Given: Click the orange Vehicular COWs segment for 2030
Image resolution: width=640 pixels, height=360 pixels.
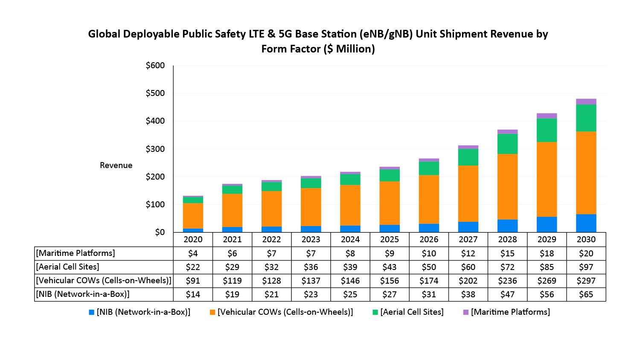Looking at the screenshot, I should [586, 173].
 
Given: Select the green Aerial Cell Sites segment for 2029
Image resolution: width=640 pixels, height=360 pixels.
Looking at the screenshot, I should [547, 130].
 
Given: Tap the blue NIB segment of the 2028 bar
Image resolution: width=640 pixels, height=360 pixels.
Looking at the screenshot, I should [507, 226].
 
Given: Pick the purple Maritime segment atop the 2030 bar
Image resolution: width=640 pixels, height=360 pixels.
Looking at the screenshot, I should [586, 102].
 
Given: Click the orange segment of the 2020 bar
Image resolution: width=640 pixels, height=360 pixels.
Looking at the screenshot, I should [193, 216].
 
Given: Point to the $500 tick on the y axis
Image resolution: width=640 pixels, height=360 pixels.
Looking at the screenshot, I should [155, 93].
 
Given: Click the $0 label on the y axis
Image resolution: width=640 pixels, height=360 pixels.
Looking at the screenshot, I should [160, 232].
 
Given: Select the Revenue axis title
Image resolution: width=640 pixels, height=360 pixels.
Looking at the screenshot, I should [116, 165].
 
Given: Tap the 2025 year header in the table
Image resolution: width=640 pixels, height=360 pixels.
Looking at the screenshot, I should [389, 239].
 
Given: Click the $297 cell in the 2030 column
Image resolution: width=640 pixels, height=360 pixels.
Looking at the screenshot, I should [586, 281].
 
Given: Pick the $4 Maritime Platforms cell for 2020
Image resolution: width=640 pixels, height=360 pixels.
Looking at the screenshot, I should [193, 253].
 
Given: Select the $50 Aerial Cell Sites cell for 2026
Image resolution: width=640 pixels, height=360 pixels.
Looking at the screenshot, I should [429, 267].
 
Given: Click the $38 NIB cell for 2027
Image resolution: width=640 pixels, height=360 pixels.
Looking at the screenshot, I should [468, 294].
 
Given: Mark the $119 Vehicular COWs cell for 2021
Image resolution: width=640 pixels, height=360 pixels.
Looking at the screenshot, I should [232, 281].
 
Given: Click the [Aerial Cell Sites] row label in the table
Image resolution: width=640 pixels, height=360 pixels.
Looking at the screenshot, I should [67, 267].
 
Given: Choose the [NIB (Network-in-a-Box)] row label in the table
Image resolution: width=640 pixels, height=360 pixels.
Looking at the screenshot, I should [83, 294].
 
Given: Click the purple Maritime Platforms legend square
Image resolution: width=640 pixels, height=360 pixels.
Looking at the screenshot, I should [465, 312].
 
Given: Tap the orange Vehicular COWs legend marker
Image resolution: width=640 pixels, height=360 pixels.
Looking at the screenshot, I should [212, 312].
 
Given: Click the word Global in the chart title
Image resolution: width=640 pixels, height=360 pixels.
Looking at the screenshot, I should [104, 34].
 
